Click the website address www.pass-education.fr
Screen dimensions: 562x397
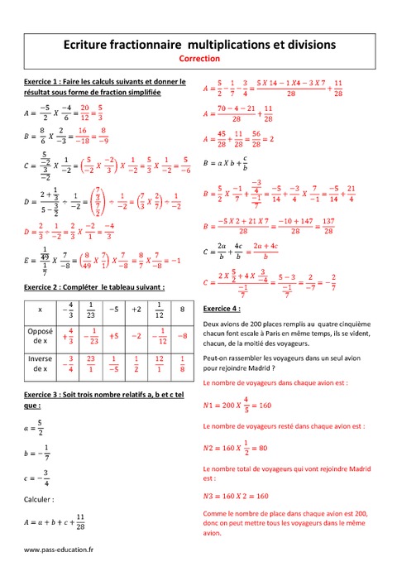[x=59, y=550]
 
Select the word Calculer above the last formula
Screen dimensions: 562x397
[x=39, y=499]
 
